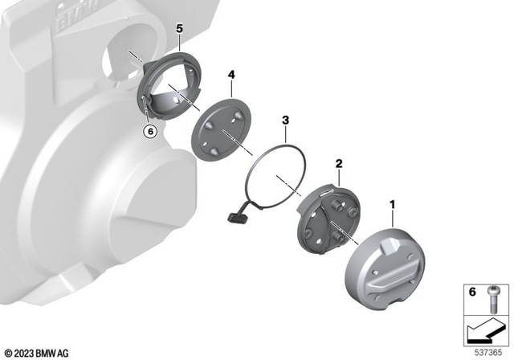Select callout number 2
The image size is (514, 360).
(339, 163)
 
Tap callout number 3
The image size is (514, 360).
(285, 121)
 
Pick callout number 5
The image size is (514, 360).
(180, 29)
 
